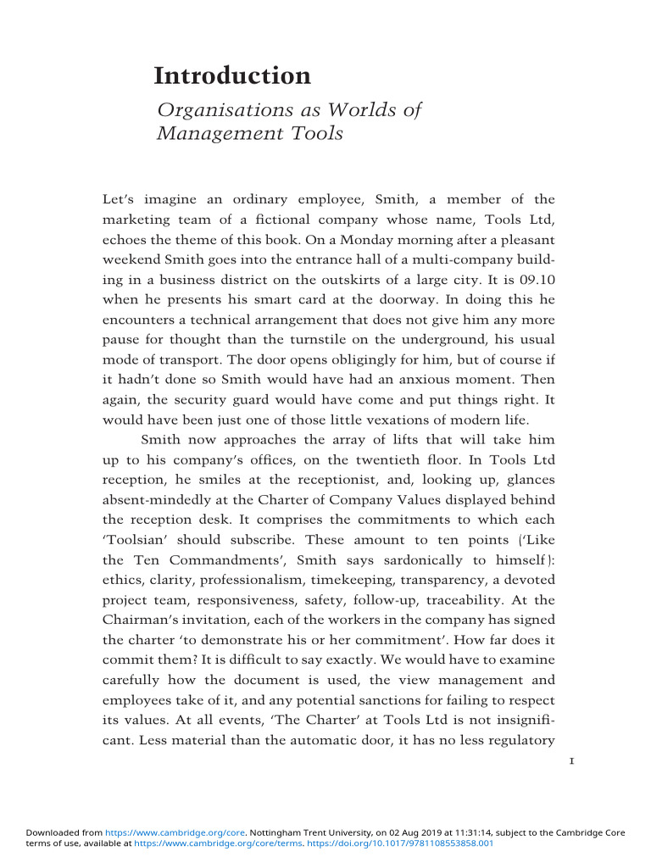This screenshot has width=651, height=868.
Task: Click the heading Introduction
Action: [x=232, y=76]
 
